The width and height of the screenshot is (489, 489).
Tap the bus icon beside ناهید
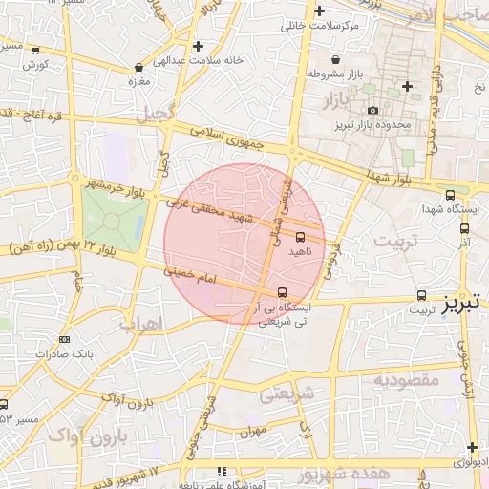coord(301,235)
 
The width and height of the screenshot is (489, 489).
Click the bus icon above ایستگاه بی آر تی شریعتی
coord(282,292)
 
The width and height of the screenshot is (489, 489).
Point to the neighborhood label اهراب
coord(141,323)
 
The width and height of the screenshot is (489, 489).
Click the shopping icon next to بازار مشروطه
coord(311,74)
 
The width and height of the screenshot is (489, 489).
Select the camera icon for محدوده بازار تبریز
coord(372,111)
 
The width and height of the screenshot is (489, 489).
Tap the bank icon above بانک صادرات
coord(64,339)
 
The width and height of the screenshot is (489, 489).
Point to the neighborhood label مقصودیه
coord(405,379)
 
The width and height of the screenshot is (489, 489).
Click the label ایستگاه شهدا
coord(456,207)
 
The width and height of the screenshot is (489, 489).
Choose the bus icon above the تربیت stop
coord(422,295)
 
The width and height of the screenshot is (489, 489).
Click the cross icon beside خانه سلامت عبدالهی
coord(197,46)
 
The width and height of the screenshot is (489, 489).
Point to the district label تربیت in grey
coord(395,241)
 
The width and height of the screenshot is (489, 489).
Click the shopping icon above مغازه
coord(140,68)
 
